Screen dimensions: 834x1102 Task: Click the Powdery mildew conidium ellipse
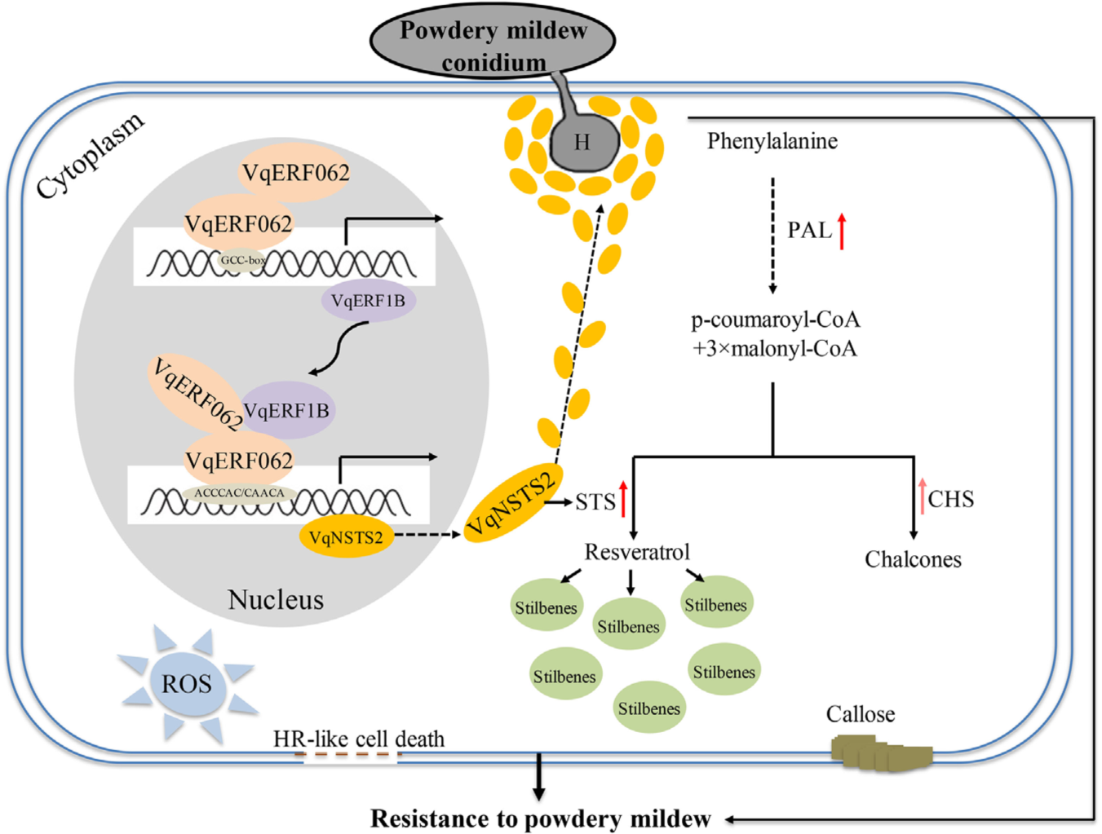(x=493, y=41)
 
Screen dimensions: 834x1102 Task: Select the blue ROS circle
(x=187, y=683)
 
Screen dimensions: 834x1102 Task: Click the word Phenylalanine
(x=772, y=142)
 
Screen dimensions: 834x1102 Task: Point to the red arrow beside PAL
(x=842, y=231)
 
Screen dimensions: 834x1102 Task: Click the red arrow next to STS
(x=623, y=499)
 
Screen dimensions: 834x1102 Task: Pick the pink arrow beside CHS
(x=923, y=496)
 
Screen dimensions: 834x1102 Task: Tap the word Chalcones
(x=913, y=560)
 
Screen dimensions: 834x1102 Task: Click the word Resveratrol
(x=637, y=553)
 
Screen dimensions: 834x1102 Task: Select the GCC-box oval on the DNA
(x=242, y=261)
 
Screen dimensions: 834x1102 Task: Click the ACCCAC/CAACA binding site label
(x=239, y=493)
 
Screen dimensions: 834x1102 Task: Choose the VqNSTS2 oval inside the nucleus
(x=346, y=538)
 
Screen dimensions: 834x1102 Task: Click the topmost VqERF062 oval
(x=295, y=173)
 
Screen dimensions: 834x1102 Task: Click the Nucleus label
(x=276, y=600)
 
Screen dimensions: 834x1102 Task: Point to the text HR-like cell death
(x=359, y=739)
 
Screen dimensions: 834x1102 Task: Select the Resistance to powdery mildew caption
(x=541, y=819)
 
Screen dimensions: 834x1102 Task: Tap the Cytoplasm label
(x=91, y=155)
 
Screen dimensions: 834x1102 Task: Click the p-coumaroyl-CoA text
(x=775, y=320)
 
